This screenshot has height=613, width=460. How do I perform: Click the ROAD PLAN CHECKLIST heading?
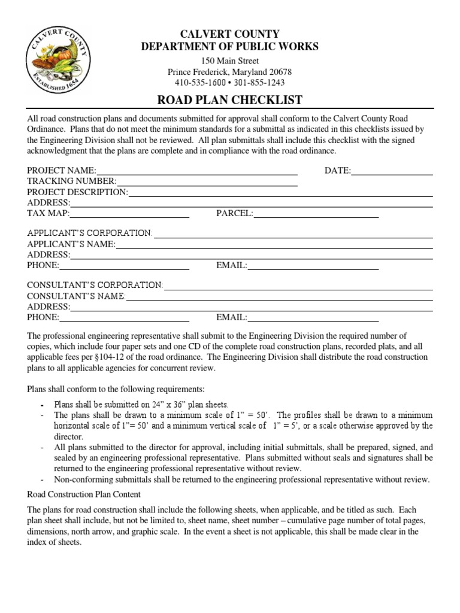coord(230,99)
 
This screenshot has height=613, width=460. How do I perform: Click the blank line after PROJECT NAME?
coord(196,172)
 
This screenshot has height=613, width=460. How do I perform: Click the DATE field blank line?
coord(392,172)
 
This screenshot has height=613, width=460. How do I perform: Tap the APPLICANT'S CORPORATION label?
coord(90,233)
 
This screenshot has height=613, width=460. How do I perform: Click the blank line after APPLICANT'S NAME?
coord(274,245)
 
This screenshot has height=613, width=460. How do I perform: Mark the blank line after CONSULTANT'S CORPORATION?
coord(298,286)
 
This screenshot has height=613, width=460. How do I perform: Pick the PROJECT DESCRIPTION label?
coord(77,192)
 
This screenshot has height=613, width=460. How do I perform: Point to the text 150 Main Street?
coord(230,61)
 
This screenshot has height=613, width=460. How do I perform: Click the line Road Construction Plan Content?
coord(84,494)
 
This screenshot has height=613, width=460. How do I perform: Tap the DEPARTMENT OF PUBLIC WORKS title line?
coord(230,47)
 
